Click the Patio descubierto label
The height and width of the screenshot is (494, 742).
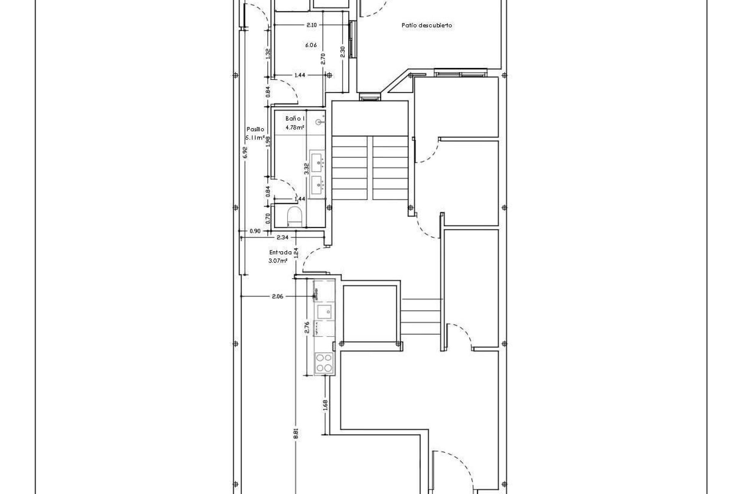(x=427, y=25)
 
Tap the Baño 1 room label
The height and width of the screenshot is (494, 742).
(x=295, y=119)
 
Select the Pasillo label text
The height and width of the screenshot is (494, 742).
(x=255, y=130)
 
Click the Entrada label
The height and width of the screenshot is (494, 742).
(x=281, y=252)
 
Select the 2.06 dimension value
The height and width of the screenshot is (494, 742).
(x=277, y=296)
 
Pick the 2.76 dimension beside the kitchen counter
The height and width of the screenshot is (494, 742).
(x=307, y=327)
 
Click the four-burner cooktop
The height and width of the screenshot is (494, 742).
(x=324, y=363)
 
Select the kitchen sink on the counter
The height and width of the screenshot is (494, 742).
(x=324, y=310)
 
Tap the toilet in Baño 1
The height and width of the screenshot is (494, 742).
(x=295, y=217)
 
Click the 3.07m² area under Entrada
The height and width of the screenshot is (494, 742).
(x=278, y=261)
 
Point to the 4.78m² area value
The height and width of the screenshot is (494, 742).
(x=294, y=127)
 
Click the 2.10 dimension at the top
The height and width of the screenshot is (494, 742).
(x=311, y=25)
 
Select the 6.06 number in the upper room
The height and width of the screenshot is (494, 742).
(x=311, y=45)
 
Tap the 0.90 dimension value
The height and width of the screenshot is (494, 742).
(x=255, y=231)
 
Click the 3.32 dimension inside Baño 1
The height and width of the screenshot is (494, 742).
(x=306, y=169)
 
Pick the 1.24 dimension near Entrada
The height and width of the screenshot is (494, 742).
(x=296, y=253)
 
